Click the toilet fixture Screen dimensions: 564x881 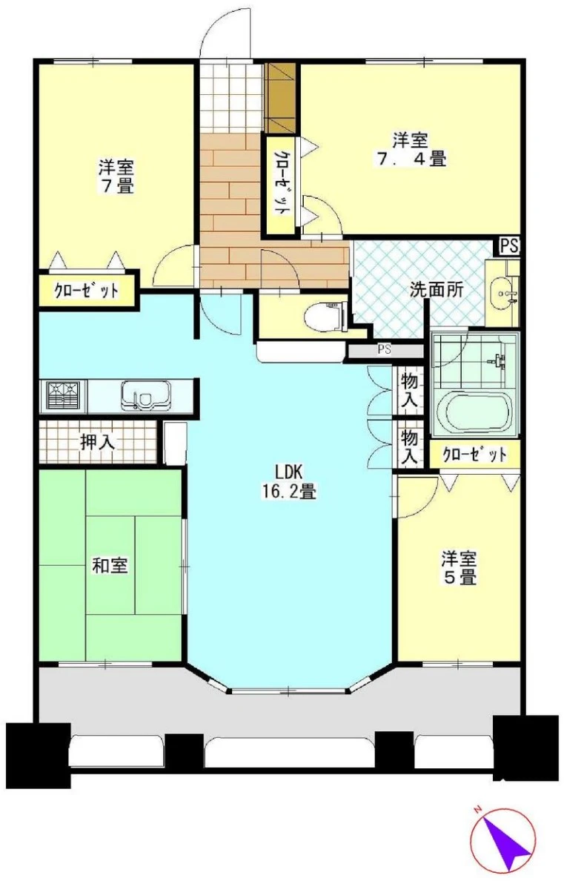324,318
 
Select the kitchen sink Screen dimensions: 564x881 146,395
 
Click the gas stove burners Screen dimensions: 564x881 64,396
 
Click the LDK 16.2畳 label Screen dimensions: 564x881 289,482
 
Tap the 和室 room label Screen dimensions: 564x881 110,565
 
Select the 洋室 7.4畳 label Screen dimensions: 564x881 411,150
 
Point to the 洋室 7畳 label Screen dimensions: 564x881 117,176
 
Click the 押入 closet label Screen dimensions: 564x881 98,442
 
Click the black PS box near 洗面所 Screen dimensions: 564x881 510,246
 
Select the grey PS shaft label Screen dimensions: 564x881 384,350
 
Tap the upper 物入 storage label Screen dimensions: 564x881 410,391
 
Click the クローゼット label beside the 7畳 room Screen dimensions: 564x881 87,290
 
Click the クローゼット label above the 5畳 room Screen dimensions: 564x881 474,454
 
